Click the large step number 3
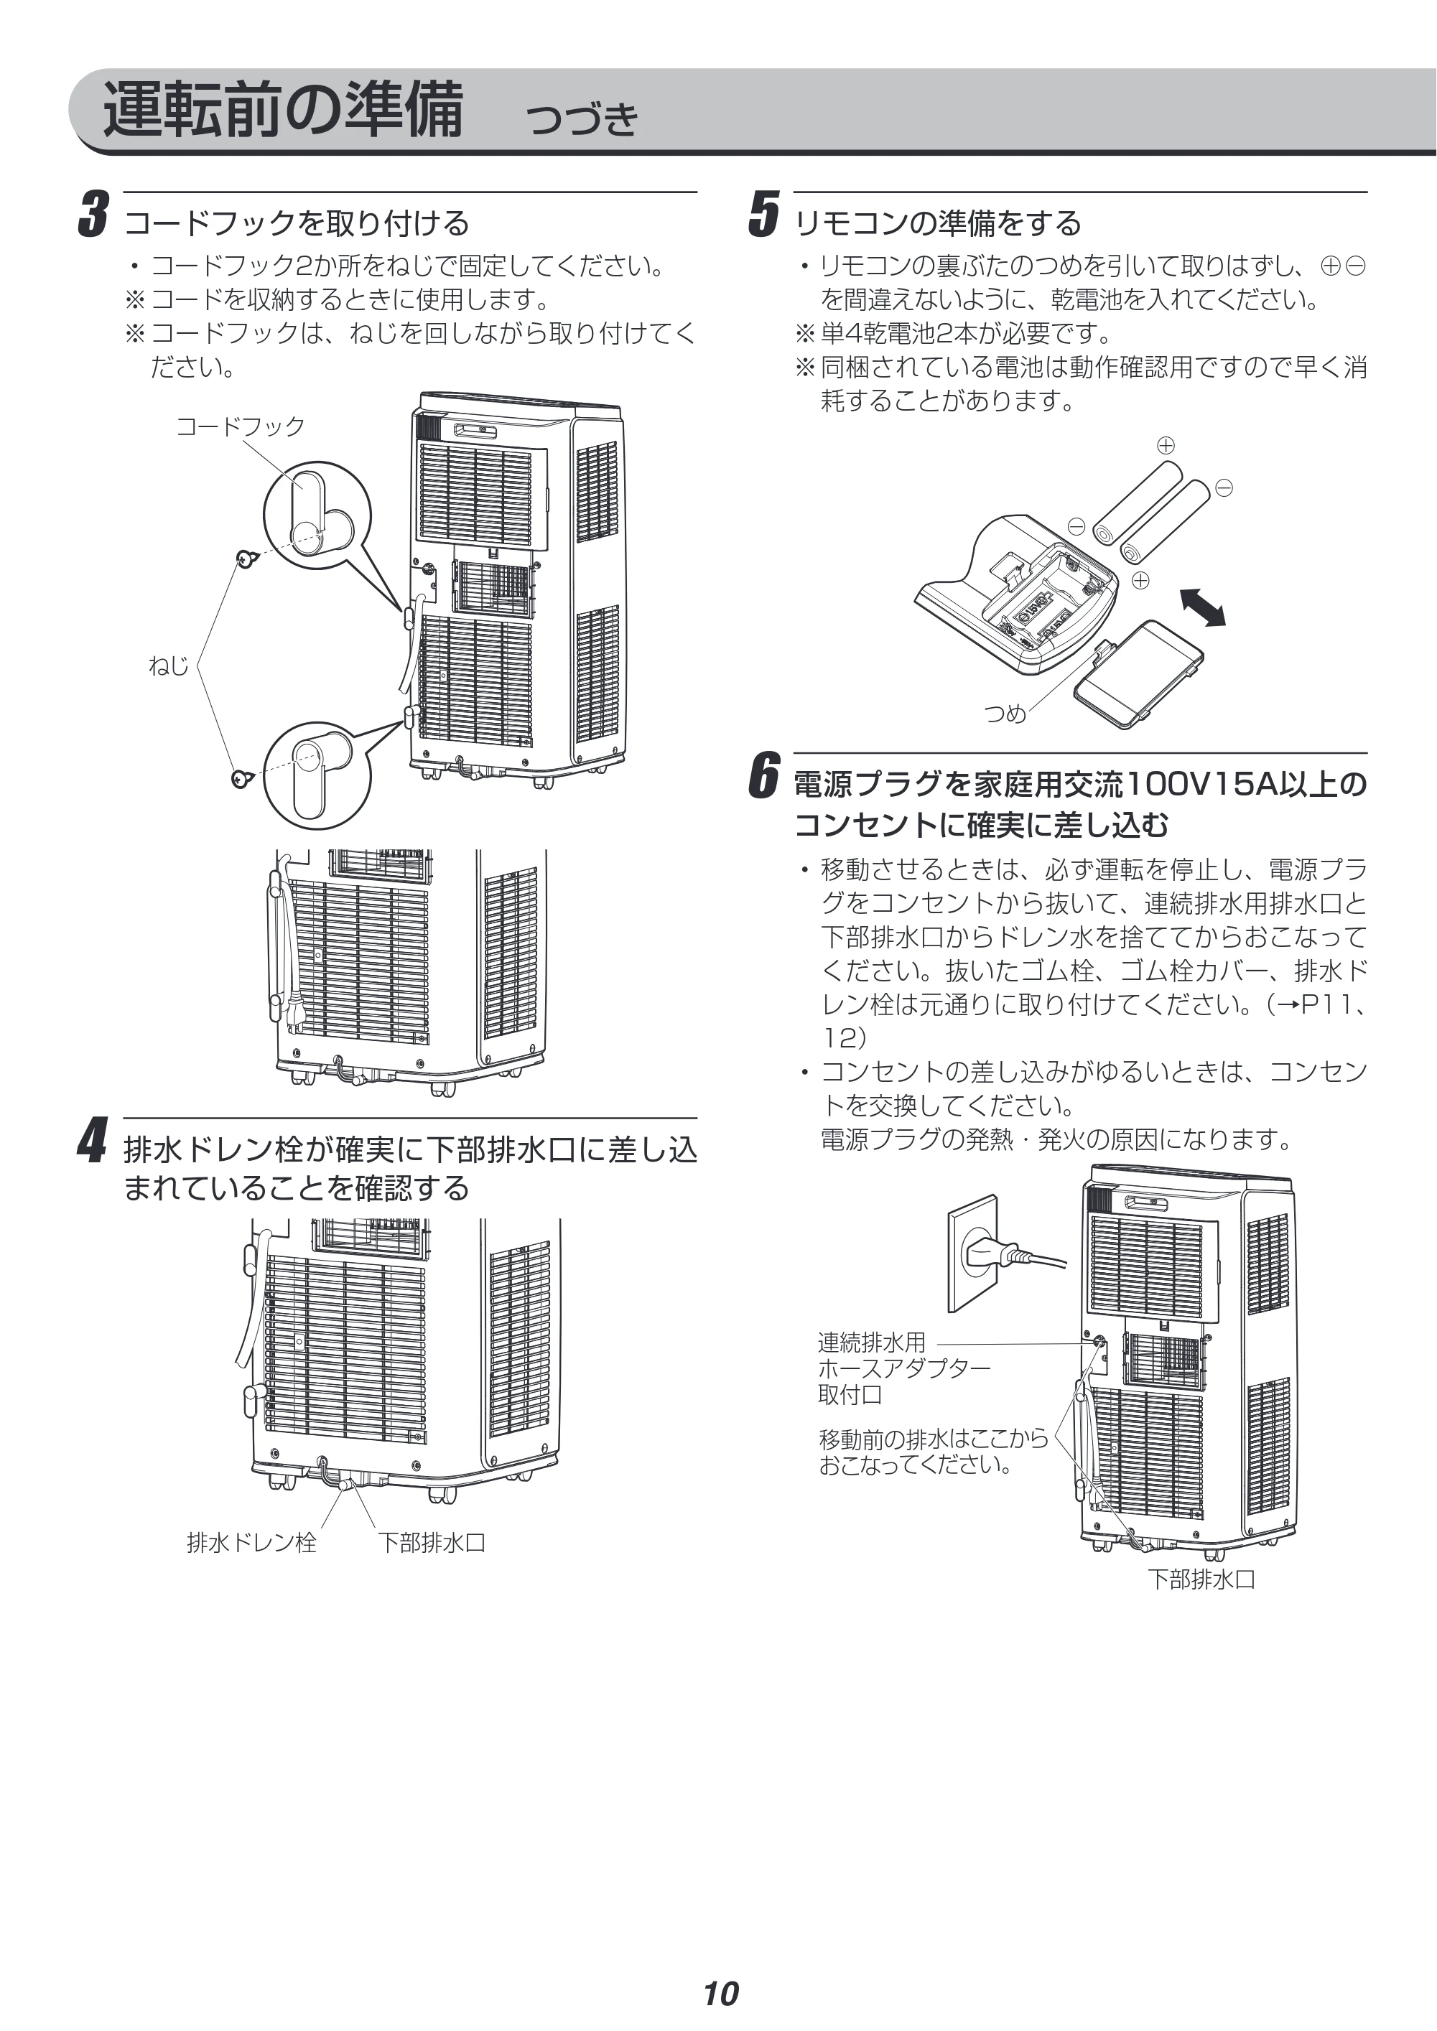(x=94, y=214)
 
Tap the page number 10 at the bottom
(x=720, y=1969)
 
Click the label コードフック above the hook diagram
(x=241, y=426)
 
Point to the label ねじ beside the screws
(x=168, y=666)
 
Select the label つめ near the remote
(x=1006, y=713)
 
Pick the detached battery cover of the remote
(x=1139, y=675)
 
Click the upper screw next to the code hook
(x=248, y=558)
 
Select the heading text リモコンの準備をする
(x=938, y=223)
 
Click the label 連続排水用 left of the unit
(x=872, y=1343)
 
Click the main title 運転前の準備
(x=283, y=109)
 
